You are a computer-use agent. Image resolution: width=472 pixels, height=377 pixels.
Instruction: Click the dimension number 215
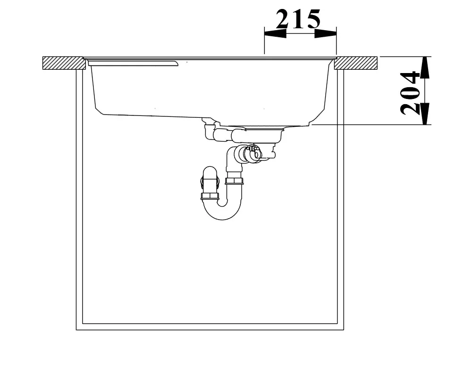tap(298, 19)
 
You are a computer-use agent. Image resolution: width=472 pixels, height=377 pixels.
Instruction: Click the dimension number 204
tap(410, 93)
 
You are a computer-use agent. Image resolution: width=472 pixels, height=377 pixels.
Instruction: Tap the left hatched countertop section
tap(64, 63)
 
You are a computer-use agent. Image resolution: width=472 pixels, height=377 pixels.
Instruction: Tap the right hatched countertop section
tap(356, 63)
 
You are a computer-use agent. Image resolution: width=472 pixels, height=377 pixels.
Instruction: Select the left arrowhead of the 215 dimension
tap(275, 33)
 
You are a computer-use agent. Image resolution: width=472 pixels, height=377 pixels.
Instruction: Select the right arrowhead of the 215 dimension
tap(325, 33)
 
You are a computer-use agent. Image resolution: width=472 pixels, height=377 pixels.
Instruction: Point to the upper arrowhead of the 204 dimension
tap(424, 67)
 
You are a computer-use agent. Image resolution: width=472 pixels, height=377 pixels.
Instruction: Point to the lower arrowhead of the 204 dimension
tap(424, 114)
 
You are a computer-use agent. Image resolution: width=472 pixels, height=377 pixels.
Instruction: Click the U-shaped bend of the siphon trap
tap(222, 211)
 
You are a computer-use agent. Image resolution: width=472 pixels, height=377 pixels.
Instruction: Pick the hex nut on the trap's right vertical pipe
tap(234, 180)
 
